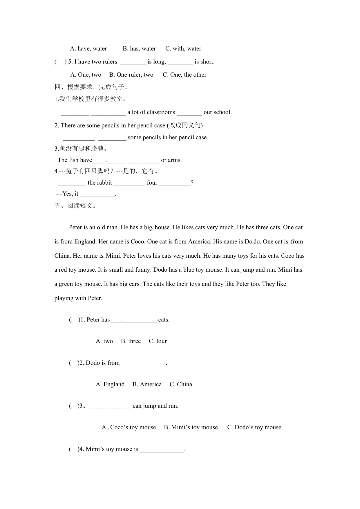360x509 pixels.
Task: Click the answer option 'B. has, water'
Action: point(139,49)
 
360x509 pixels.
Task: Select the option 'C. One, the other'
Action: point(184,75)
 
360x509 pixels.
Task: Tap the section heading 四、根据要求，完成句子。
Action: point(91,87)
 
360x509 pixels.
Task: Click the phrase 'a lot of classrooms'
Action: point(151,112)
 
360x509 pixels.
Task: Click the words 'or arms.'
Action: point(171,160)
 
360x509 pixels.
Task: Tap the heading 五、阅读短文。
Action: point(75,206)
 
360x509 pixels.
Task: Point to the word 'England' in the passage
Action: point(85,242)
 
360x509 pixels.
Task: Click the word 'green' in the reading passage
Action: point(66,284)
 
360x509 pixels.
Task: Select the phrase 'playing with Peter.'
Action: point(78,298)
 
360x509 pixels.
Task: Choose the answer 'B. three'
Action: point(131,341)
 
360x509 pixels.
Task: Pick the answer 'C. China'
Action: point(181,385)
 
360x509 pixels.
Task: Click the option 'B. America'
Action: point(147,385)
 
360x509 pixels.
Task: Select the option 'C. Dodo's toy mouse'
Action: point(254,427)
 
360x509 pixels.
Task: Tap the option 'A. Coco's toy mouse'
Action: point(129,427)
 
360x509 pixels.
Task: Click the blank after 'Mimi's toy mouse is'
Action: point(162,450)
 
